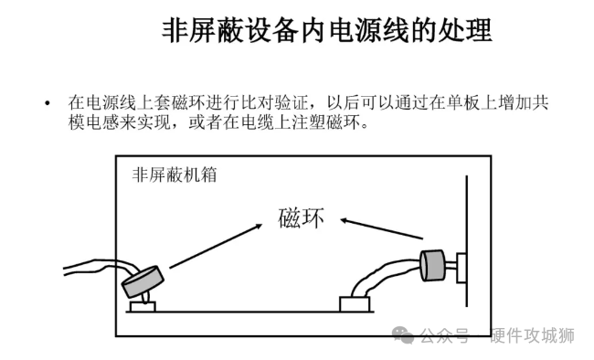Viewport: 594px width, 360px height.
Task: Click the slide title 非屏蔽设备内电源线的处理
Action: click(x=327, y=31)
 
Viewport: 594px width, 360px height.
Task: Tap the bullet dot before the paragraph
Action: click(x=48, y=103)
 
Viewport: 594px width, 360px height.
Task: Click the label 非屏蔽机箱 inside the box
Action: click(x=175, y=175)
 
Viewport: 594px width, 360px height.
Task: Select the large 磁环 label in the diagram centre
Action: click(x=302, y=217)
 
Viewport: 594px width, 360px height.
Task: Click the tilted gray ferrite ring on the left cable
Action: click(x=143, y=281)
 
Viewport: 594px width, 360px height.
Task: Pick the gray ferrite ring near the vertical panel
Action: click(x=432, y=265)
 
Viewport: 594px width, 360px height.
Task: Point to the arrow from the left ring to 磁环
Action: click(x=216, y=246)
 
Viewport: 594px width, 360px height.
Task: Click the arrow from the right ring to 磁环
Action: click(x=381, y=228)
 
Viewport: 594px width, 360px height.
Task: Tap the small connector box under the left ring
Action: click(x=143, y=306)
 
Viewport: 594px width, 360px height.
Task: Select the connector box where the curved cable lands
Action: click(x=355, y=304)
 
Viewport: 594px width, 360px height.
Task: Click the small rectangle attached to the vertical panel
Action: click(x=461, y=268)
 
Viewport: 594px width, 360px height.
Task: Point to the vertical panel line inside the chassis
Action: click(x=467, y=241)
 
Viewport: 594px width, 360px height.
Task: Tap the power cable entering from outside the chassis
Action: click(x=95, y=267)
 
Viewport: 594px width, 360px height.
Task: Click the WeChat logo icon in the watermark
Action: click(x=403, y=335)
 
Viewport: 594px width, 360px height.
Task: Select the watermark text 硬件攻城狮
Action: click(x=532, y=335)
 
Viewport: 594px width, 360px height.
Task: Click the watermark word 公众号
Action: click(x=444, y=336)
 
